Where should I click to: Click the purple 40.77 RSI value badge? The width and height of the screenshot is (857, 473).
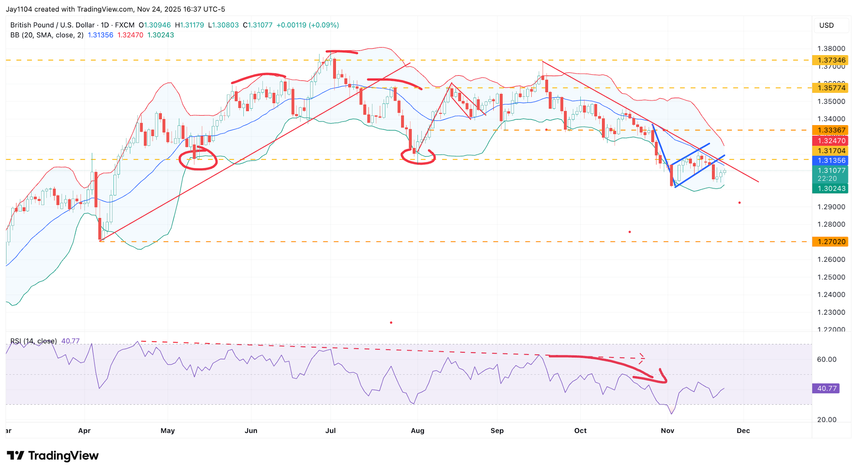pyautogui.click(x=826, y=389)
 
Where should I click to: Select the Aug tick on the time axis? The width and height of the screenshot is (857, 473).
pyautogui.click(x=418, y=431)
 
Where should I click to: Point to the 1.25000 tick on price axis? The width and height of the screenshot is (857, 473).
pyautogui.click(x=831, y=277)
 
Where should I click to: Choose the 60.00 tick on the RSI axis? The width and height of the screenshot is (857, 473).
pyautogui.click(x=826, y=360)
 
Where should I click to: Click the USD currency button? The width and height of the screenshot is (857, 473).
pyautogui.click(x=826, y=25)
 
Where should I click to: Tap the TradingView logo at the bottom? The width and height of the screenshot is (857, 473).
pyautogui.click(x=53, y=456)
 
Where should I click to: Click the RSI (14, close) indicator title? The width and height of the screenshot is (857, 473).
pyautogui.click(x=34, y=341)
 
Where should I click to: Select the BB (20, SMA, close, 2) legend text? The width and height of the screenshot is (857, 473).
pyautogui.click(x=47, y=35)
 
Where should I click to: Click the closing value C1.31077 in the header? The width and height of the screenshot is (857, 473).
pyautogui.click(x=258, y=25)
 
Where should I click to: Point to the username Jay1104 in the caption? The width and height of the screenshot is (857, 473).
pyautogui.click(x=19, y=9)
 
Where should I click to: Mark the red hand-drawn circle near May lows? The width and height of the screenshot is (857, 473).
pyautogui.click(x=198, y=159)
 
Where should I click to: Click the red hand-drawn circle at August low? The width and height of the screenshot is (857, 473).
pyautogui.click(x=418, y=157)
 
